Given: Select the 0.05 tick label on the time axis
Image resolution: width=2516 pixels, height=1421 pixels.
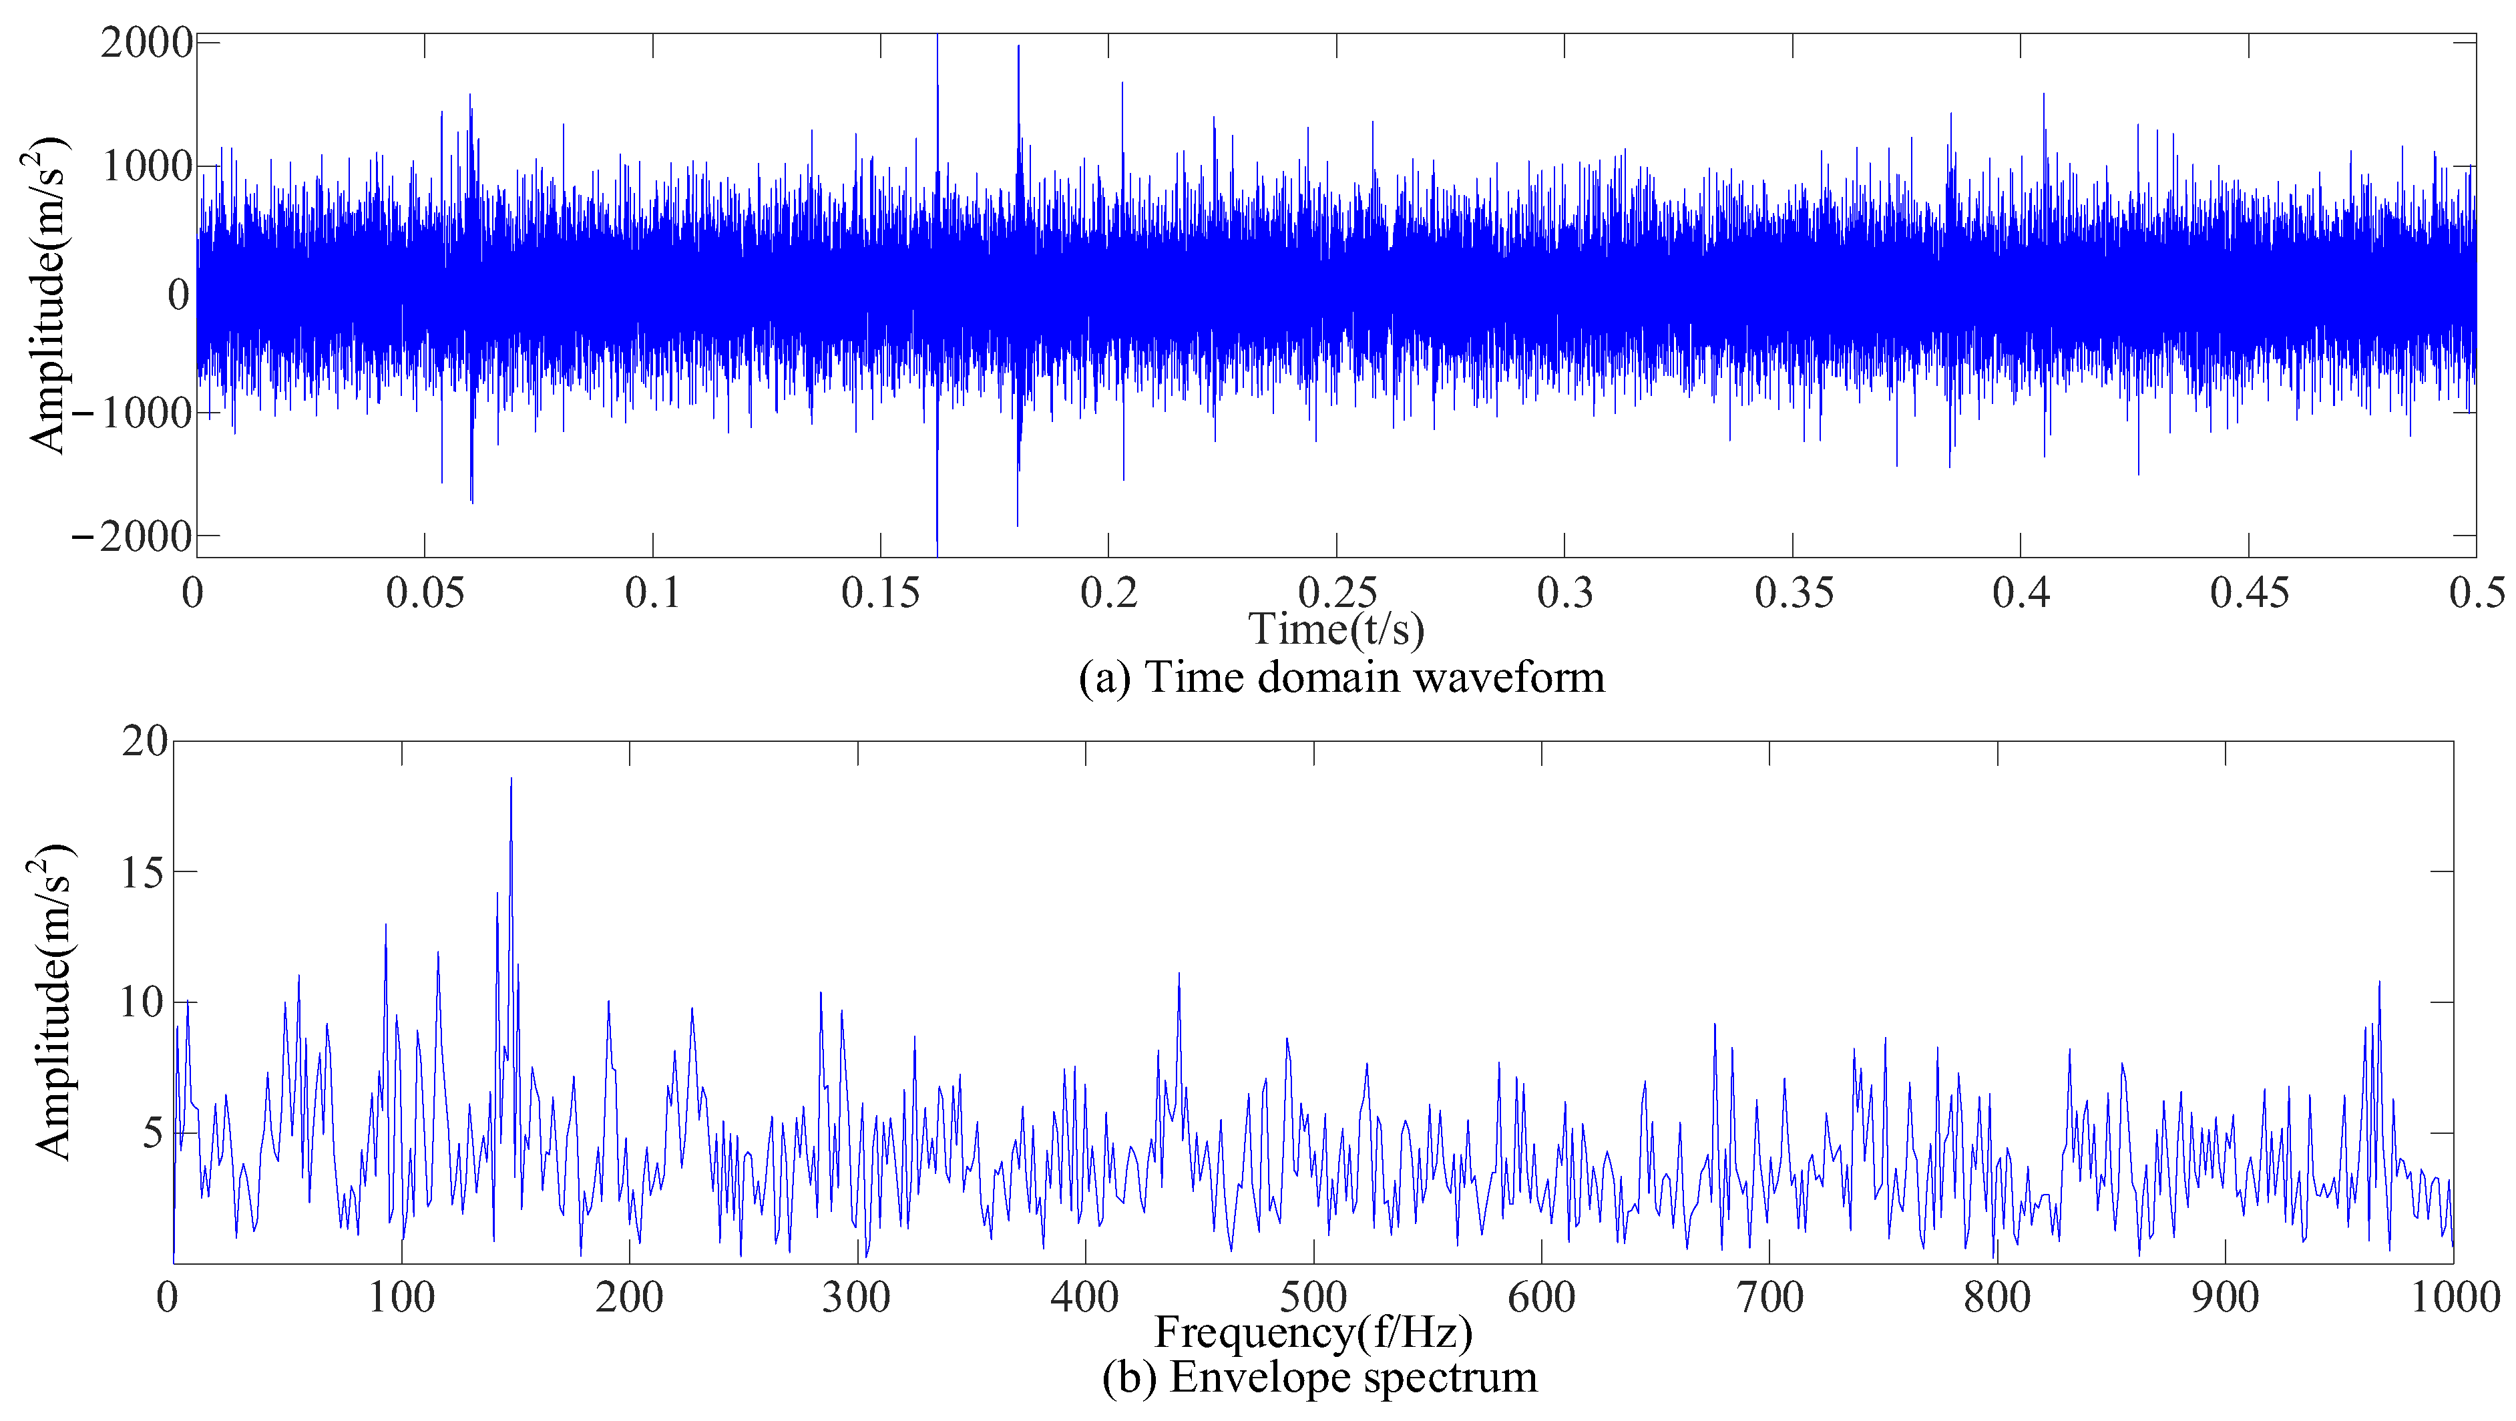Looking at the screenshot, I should tap(425, 593).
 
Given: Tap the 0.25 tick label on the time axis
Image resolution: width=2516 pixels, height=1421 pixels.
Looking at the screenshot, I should tap(1337, 593).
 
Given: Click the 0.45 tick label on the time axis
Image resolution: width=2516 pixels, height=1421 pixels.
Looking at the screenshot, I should tap(2250, 593).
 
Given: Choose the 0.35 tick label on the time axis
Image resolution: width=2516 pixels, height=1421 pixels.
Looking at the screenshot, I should tap(1794, 593).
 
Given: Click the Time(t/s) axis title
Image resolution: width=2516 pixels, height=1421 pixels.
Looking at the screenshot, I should tap(1336, 630).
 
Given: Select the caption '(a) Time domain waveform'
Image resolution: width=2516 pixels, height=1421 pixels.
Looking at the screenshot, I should tap(1341, 677).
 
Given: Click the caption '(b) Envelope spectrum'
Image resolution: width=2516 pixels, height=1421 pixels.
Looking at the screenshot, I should tap(1319, 1377).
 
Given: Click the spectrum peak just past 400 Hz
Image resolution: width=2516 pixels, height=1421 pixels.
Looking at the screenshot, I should tap(1179, 975).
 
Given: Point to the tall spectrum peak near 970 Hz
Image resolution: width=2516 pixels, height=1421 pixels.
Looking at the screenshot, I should tap(2379, 982).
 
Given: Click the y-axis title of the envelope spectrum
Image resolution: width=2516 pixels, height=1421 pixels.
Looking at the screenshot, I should tap(53, 1001).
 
